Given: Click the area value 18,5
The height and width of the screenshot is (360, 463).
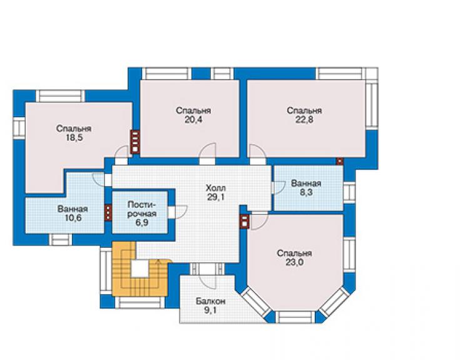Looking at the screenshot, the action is [x=74, y=138].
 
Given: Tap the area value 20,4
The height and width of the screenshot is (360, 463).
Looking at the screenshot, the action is [x=193, y=120].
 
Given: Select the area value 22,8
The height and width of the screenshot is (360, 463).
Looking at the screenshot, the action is [x=304, y=120].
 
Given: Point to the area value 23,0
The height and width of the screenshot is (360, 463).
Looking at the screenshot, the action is [x=294, y=262].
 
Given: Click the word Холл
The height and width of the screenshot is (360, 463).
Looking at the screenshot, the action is [x=216, y=188].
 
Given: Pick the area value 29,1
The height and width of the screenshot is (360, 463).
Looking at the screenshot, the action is [x=216, y=197].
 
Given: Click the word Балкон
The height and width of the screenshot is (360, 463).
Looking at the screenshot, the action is [x=210, y=301].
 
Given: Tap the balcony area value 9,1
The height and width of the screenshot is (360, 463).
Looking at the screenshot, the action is [x=210, y=311].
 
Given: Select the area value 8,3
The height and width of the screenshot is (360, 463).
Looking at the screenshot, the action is [x=306, y=192].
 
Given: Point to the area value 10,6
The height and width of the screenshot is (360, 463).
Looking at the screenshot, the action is [x=73, y=218].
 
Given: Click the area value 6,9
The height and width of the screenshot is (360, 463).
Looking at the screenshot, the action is [x=142, y=222].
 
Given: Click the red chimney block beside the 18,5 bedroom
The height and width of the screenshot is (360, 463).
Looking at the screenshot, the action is [x=135, y=142].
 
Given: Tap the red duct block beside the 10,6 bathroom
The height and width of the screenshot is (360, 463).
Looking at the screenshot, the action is [x=108, y=212].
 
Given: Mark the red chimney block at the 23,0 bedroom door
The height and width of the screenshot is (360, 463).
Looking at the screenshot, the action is [x=245, y=222].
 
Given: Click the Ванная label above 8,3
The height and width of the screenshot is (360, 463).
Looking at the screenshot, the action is [x=306, y=183].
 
